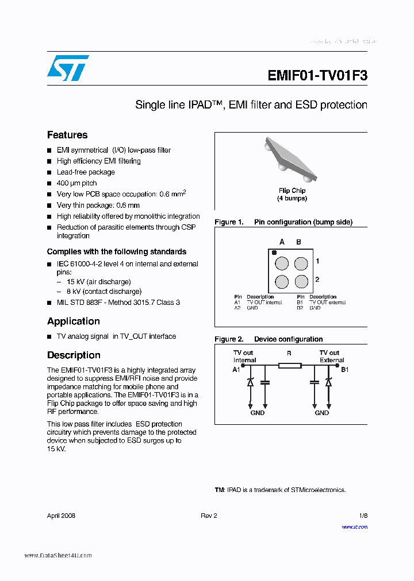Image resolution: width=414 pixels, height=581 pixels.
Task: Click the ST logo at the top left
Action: (68, 68)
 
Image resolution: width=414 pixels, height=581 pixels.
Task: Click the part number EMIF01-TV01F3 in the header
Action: (317, 76)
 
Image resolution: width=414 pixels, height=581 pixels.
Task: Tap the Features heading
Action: (67, 135)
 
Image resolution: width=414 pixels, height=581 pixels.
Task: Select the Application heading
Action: (74, 322)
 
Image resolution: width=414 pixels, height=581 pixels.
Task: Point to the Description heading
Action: (74, 355)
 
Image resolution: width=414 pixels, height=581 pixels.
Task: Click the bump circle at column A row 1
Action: (282, 264)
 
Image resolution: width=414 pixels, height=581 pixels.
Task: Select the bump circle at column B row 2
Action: (301, 282)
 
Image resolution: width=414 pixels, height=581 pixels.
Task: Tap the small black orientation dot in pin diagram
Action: (274, 252)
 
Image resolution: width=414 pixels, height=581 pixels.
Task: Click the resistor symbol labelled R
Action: (289, 365)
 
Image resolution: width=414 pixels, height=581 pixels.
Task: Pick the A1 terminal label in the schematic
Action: (236, 370)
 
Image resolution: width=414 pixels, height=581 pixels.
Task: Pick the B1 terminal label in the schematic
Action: (345, 370)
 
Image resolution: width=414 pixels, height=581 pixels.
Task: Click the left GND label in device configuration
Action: (257, 413)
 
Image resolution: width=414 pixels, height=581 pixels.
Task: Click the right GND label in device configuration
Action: (321, 413)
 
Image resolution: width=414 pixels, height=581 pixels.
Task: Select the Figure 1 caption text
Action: (283, 222)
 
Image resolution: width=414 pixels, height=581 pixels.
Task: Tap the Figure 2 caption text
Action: (269, 339)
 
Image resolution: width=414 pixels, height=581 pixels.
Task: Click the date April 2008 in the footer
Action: (61, 516)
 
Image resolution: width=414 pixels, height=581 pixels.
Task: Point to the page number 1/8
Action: (363, 516)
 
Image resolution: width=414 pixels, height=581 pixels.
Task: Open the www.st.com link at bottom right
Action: (354, 527)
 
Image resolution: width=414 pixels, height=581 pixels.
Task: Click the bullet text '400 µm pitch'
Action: (76, 183)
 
